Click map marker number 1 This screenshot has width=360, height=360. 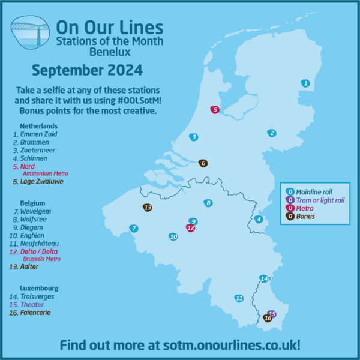point(305,83)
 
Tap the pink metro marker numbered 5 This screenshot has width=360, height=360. point(215,110)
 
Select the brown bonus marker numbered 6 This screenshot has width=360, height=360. point(203,163)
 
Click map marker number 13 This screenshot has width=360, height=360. point(147,207)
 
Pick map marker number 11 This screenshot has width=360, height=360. point(239,298)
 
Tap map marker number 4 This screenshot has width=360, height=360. point(259,219)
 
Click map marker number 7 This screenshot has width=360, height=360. point(134,228)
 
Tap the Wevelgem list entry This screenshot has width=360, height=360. point(35,212)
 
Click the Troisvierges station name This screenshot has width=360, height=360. point(41,296)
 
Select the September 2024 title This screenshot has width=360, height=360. point(87,71)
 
